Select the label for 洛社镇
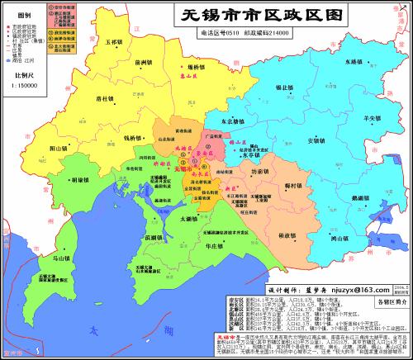click(x=105, y=98)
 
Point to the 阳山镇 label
click(x=58, y=149)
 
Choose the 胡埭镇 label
click(x=80, y=179)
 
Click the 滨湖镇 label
click(x=153, y=237)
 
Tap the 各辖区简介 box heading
click(x=387, y=305)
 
